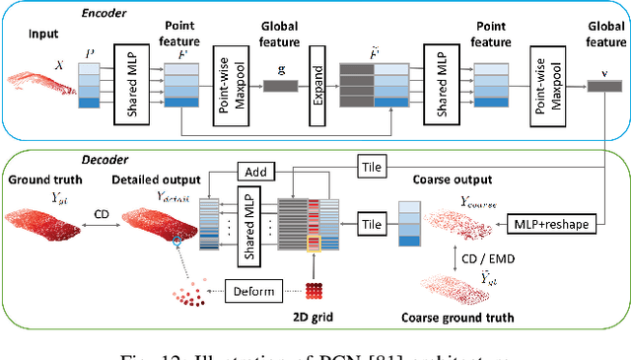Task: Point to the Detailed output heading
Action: [x=157, y=180]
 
